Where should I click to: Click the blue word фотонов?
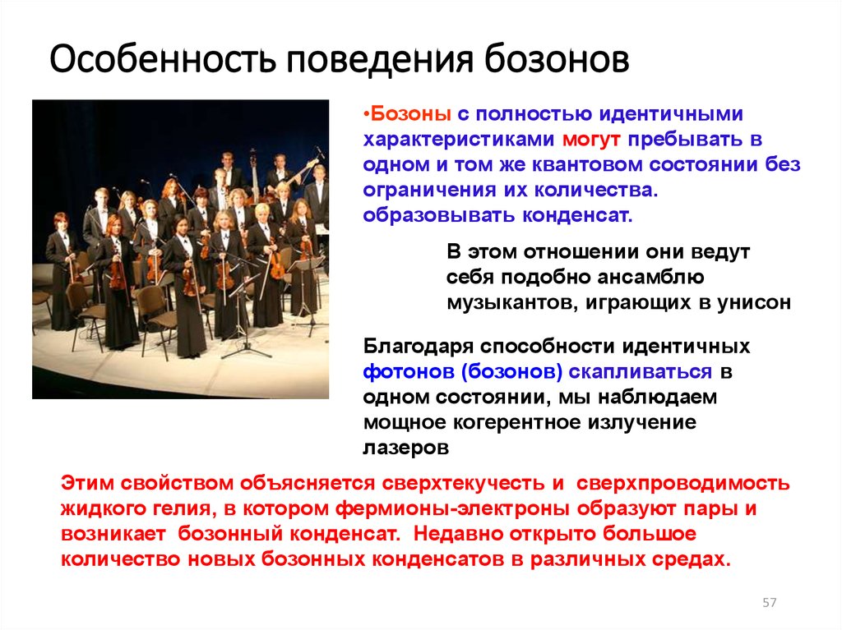408,372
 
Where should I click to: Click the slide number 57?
769,603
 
